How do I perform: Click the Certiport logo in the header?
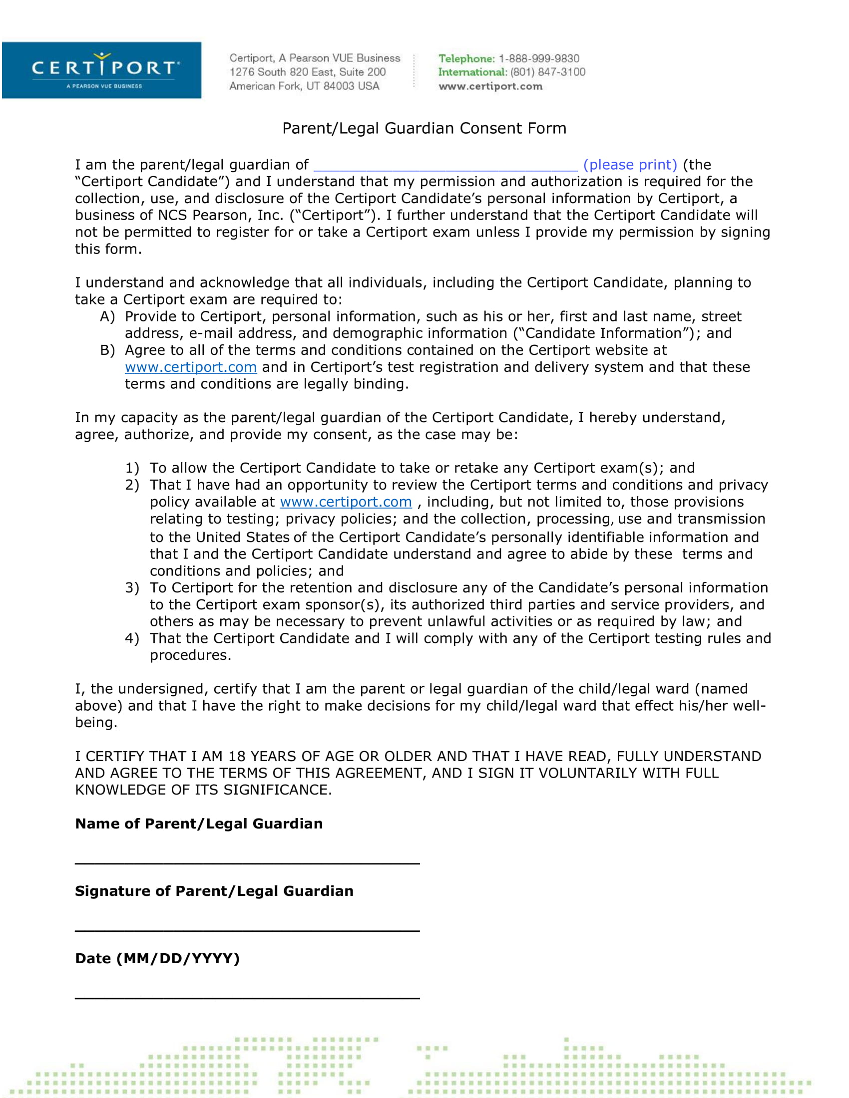(101, 70)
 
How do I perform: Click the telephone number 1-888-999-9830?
(539, 58)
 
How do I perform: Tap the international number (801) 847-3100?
(548, 72)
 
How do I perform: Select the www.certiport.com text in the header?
(490, 86)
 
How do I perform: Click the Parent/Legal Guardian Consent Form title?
(424, 128)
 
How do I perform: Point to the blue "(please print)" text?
(630, 164)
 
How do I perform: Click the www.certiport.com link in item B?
(191, 367)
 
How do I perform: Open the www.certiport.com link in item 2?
(346, 502)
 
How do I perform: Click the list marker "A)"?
(107, 317)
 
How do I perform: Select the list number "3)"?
(132, 588)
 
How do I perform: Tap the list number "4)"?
(132, 638)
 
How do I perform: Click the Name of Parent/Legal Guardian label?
(199, 823)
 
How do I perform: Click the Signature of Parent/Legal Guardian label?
(214, 891)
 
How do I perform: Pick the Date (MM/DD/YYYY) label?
(157, 958)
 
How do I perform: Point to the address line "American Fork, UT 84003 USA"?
(304, 86)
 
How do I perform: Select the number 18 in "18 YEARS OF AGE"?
(236, 757)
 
